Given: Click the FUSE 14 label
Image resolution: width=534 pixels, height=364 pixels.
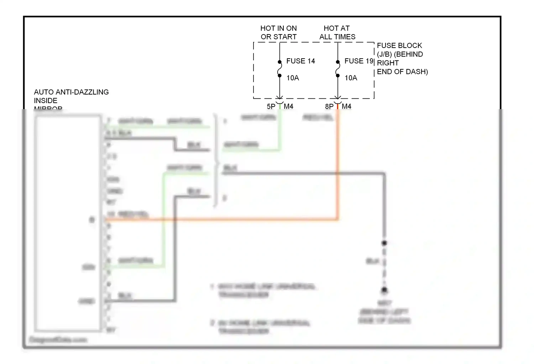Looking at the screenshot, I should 300,61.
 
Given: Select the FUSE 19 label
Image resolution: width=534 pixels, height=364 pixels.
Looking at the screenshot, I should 359,61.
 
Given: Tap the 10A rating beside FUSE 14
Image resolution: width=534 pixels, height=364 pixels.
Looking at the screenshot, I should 293,78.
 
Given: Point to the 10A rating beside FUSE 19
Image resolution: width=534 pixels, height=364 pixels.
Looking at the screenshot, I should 351,78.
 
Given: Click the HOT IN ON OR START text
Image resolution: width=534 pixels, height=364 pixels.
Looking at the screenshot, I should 278,32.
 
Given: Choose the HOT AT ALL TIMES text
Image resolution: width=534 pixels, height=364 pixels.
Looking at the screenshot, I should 337,32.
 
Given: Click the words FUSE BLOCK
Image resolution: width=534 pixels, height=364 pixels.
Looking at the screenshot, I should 399,45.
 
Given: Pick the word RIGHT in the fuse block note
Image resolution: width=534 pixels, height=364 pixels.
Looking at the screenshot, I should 388,63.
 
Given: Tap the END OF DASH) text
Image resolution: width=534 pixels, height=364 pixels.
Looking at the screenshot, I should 402,72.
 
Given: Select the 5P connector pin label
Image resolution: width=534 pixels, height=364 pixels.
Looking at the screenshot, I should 271,106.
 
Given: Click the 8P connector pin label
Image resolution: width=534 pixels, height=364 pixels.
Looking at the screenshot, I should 329,106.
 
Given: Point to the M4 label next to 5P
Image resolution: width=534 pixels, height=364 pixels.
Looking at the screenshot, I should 288,106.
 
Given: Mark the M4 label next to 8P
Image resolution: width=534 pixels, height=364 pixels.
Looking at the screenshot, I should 346,106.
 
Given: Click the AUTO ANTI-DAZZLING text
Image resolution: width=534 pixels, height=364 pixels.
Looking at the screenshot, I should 71,92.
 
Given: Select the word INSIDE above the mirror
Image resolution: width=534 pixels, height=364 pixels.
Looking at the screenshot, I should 46,101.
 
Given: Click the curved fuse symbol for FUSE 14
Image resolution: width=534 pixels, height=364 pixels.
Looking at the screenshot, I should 279,69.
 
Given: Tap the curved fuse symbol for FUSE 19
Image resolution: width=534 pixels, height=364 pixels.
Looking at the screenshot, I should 337,69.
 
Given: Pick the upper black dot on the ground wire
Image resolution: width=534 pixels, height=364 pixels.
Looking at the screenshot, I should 384,243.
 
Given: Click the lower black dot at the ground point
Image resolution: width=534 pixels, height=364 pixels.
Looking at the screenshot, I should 384,290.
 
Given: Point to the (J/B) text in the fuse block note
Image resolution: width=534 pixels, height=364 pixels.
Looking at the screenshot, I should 384,54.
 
